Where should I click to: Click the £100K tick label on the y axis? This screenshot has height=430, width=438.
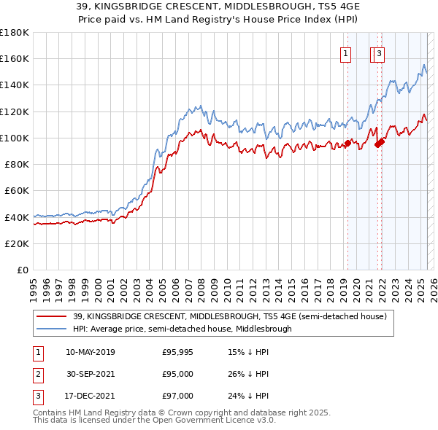(x=14, y=138)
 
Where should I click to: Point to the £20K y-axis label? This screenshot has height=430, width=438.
(x=16, y=243)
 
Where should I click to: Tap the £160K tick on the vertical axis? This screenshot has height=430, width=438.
(x=14, y=58)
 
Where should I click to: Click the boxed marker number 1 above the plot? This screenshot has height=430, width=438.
(x=344, y=52)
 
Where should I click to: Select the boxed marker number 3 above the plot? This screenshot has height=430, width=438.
(x=380, y=52)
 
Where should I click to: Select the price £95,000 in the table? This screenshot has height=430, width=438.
(x=177, y=374)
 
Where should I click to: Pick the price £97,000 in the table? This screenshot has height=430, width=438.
(x=177, y=396)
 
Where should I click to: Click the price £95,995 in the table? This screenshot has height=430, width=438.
(x=177, y=352)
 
